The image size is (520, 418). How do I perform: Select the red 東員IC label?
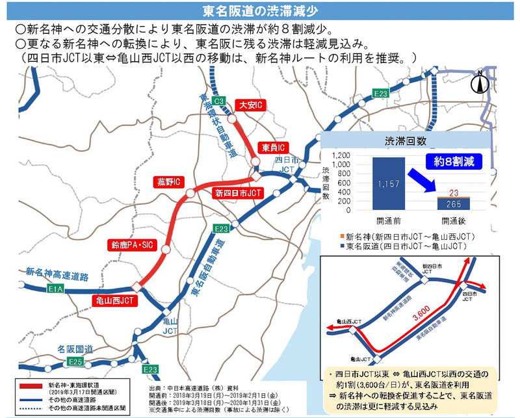(x=272, y=148)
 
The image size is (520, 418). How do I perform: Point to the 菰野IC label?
(x=168, y=181)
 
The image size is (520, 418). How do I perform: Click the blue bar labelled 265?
(x=454, y=204)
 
